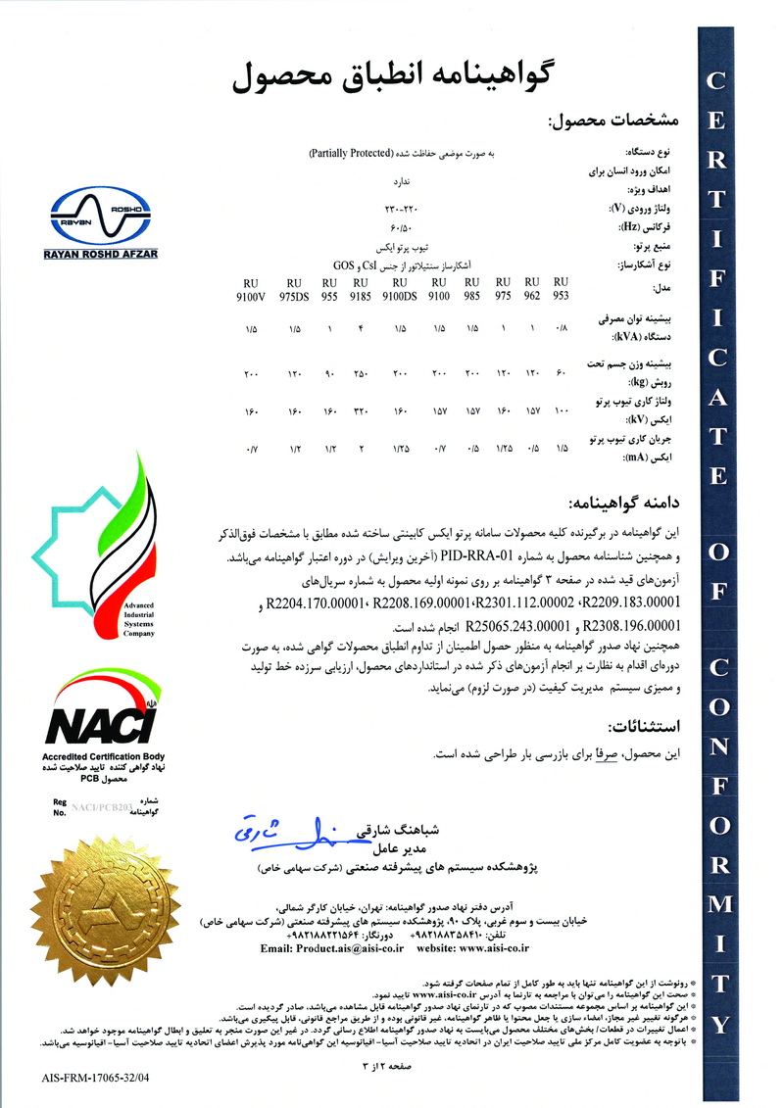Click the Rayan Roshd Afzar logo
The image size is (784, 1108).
coord(94,224)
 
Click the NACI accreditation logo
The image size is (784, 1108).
coord(104,722)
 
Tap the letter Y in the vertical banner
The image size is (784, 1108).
coord(720,1024)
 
